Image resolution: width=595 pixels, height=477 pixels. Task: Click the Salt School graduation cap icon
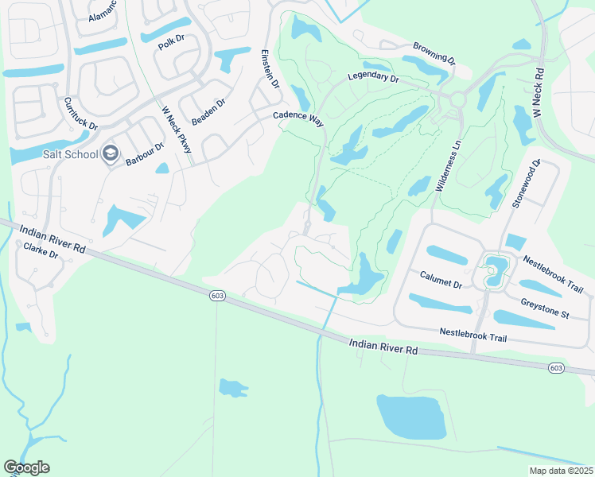[x=111, y=153]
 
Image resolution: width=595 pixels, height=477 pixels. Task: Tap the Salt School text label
[x=71, y=154]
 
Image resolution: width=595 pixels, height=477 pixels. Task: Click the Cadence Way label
[x=298, y=117]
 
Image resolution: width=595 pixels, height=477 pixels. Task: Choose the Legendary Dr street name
[x=373, y=78]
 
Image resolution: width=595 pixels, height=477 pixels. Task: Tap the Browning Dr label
[x=434, y=53]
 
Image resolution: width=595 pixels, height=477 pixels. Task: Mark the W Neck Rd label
[x=539, y=94]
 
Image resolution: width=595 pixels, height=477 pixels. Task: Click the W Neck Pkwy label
[x=177, y=130]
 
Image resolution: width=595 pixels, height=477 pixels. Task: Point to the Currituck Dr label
[x=80, y=114]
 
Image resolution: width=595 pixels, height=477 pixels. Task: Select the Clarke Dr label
[x=41, y=252]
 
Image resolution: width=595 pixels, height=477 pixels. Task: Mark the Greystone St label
[x=544, y=308]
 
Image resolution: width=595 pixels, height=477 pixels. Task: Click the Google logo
[x=26, y=467]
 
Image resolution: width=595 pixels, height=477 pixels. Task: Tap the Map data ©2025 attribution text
[x=560, y=471]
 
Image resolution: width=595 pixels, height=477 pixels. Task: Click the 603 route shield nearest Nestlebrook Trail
[x=556, y=366]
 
